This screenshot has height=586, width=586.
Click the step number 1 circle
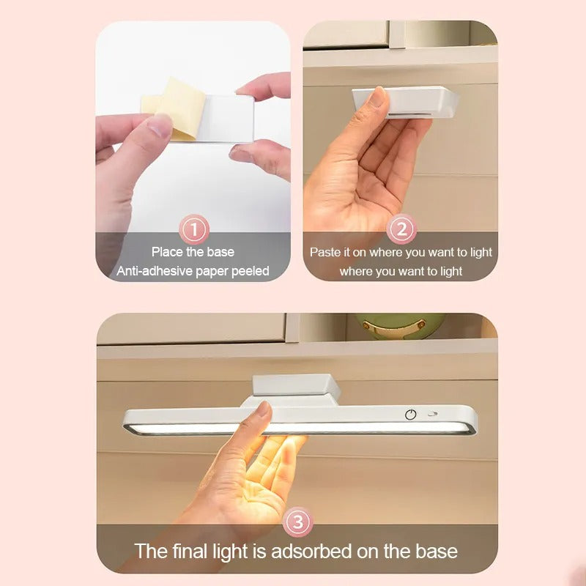coord(194,230)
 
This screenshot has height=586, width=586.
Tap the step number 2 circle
coord(401,230)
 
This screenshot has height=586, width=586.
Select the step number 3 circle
coord(297,522)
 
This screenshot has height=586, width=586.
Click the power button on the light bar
coord(411,414)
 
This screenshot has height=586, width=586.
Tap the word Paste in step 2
coord(325,252)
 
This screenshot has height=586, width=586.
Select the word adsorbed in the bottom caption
coord(319,551)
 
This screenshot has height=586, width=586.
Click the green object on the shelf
coord(399,325)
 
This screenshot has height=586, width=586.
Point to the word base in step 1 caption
coord(220,252)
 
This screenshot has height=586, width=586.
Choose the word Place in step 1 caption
coord(168,252)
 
